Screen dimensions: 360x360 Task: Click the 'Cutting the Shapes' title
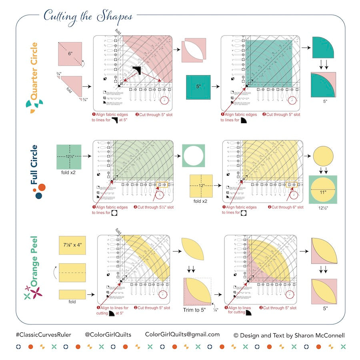(88, 16)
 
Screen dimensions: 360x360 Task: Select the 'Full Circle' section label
(35, 167)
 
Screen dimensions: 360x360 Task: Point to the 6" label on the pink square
(70, 53)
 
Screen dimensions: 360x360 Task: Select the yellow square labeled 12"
(201, 186)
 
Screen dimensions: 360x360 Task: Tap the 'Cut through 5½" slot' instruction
(154, 207)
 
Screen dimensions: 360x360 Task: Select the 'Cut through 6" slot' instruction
(285, 207)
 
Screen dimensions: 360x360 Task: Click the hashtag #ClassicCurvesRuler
(44, 335)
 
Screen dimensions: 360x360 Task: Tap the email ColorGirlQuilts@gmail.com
(182, 334)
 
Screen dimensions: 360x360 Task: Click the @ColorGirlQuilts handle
(108, 335)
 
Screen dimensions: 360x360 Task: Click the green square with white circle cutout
(193, 156)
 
